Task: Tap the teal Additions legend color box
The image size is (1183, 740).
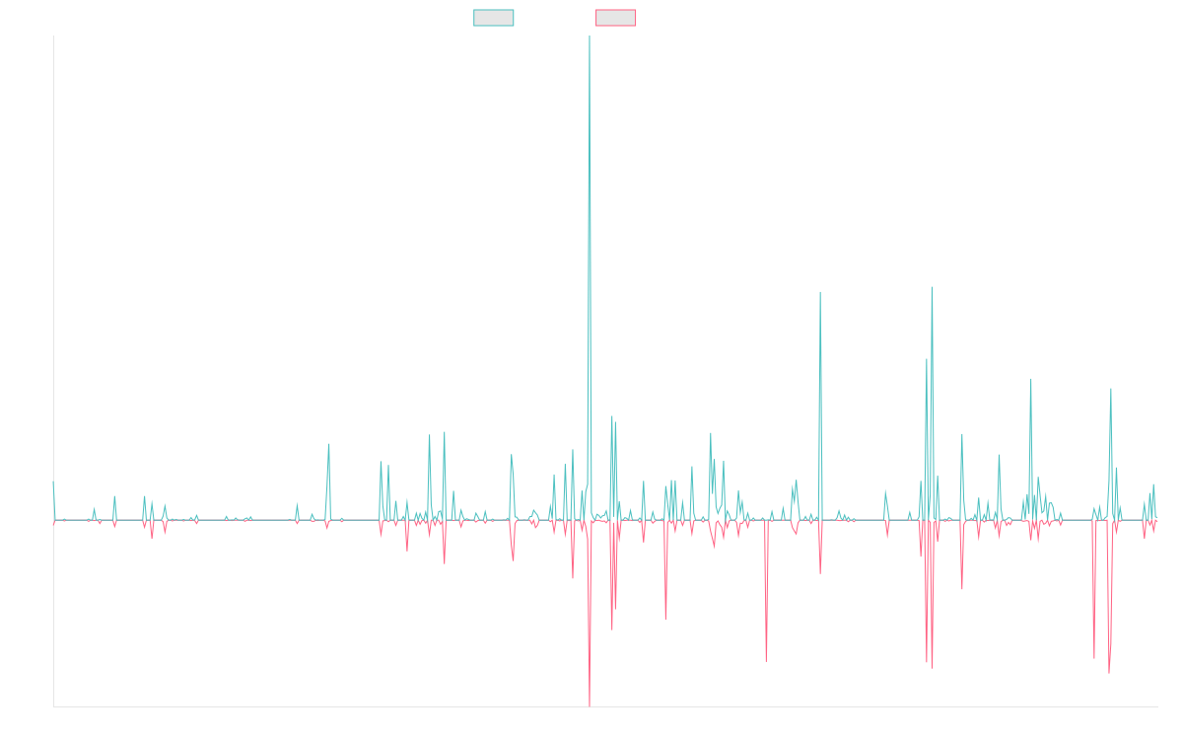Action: point(494,18)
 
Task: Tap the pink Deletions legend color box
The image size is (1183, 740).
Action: point(616,18)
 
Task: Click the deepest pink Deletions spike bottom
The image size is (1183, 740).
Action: point(590,705)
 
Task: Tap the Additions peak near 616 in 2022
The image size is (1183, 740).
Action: point(819,292)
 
